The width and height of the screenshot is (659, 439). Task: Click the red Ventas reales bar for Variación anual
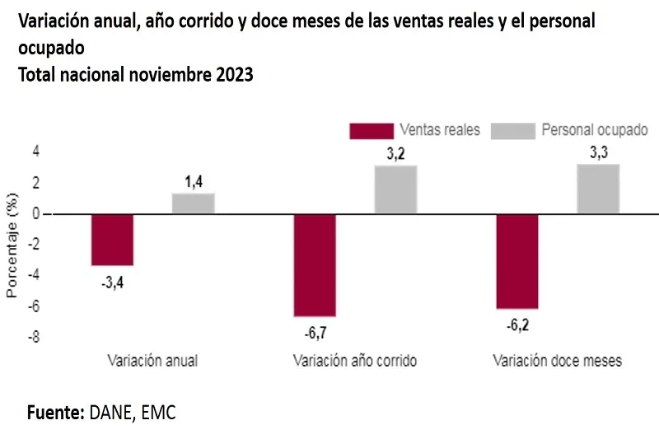(x=112, y=240)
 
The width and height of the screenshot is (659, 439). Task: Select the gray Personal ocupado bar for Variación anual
(x=194, y=203)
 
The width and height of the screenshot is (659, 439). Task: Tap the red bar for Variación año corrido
(x=315, y=265)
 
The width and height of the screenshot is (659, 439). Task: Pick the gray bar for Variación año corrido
(x=395, y=189)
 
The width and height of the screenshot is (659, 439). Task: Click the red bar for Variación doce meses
(x=517, y=261)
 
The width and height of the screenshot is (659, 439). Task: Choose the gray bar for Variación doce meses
(x=598, y=189)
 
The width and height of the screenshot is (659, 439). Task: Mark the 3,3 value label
(x=599, y=152)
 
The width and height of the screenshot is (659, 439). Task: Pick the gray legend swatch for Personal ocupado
(x=512, y=130)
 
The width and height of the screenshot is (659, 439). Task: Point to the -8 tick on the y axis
(x=34, y=337)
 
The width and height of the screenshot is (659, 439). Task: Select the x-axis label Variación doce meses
(x=557, y=361)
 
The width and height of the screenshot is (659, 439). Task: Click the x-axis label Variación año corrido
(x=355, y=361)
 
